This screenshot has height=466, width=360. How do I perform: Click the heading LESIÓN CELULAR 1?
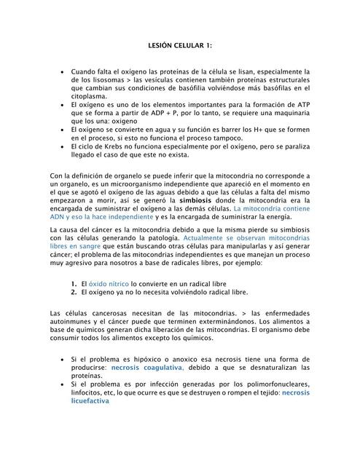tap(179, 45)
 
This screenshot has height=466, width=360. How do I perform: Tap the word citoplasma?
tap(88, 95)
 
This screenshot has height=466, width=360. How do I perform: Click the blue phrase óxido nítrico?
tap(109, 283)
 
